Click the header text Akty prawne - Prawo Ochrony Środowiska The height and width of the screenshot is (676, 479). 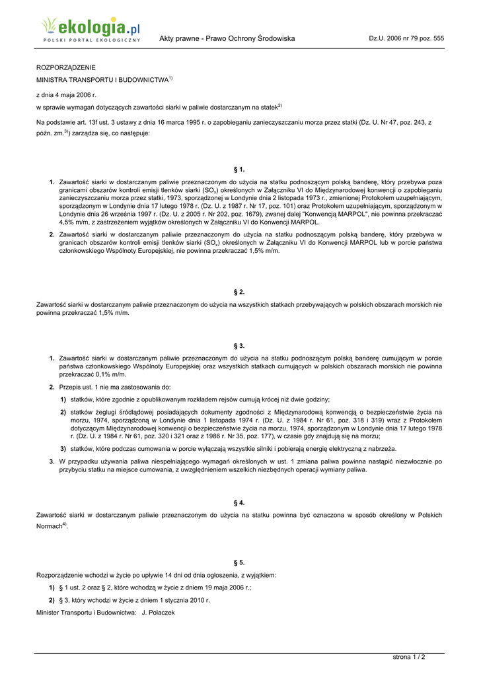(227, 39)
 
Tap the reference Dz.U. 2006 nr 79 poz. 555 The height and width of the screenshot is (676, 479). (406, 39)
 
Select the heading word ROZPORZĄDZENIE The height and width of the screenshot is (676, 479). (65, 67)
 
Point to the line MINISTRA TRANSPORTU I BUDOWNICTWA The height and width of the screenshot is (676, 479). (102, 80)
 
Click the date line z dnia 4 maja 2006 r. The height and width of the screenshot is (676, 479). (66, 95)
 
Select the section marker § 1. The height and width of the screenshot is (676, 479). (239, 170)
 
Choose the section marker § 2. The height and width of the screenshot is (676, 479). (239, 291)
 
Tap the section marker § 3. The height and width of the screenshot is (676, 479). (239, 345)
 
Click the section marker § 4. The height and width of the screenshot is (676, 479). (239, 502)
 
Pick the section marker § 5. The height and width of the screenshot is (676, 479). (239, 562)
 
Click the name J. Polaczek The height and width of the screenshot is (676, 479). (158, 613)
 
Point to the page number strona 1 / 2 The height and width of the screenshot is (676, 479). (409, 657)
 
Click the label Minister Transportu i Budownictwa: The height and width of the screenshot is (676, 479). (86, 613)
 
